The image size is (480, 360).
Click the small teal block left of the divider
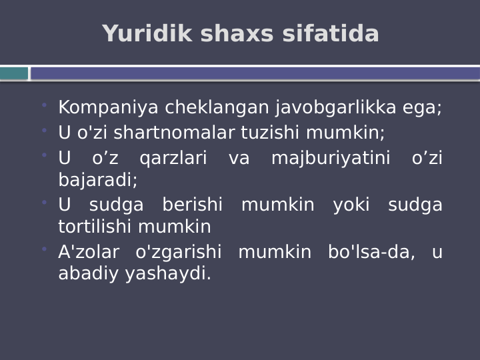[x=14, y=73]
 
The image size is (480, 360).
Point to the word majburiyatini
[x=331, y=159]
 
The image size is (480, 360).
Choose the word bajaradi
[x=97, y=180]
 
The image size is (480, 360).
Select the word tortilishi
[x=95, y=227]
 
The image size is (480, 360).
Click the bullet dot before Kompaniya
[x=44, y=105]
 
